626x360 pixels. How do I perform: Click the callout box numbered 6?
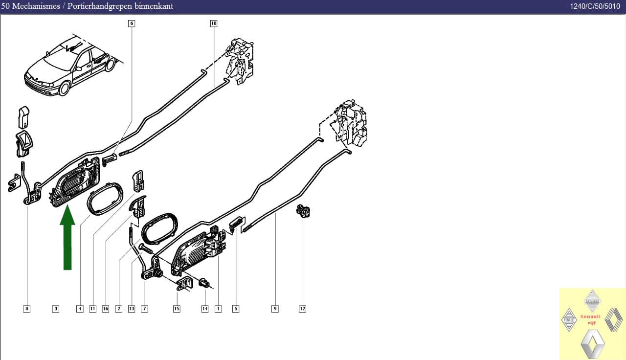coord(132,23)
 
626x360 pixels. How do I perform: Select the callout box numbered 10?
coord(214,23)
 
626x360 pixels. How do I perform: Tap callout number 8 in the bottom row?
coord(26,309)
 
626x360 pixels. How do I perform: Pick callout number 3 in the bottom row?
coord(56,309)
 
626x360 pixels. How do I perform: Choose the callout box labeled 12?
coord(302,309)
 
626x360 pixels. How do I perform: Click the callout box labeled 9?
coord(275,309)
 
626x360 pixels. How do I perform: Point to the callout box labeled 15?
coord(177,309)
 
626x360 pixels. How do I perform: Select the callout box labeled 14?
coord(205,309)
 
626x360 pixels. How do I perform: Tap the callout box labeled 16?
coord(105,309)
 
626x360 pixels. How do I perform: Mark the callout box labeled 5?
coord(236,309)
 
